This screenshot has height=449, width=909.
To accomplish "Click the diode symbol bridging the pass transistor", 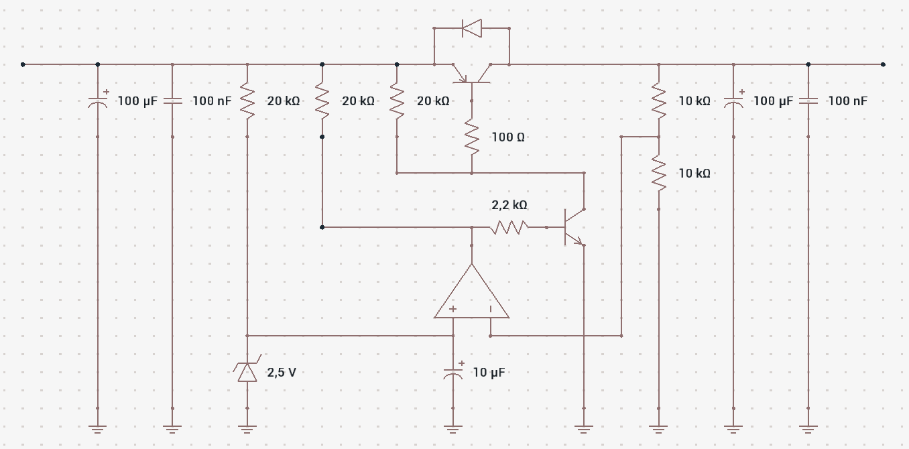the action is pos(471,28).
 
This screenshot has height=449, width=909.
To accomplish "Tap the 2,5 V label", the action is pos(282,373).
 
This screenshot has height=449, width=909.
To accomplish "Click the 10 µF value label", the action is pos(489,373).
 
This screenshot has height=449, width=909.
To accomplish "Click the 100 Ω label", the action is pos(508,137).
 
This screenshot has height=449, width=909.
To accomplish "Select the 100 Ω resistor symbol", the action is pos(471,137).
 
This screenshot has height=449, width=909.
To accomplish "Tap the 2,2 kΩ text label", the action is pos(509,205).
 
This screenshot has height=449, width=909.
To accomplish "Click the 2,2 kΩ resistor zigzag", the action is pos(509,227).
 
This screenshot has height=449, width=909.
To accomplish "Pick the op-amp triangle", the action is pos(471,292).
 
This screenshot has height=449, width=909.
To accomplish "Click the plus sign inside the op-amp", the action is pos(453,309).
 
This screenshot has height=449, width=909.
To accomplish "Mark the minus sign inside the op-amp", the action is pos(491,309).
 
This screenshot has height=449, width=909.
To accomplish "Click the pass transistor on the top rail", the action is pos(471,73).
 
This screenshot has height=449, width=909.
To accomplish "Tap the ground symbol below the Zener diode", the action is pos(247,429).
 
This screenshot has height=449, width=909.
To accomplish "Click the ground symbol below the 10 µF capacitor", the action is pos(453,429).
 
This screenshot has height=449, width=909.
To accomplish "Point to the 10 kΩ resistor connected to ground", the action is pos(658,173).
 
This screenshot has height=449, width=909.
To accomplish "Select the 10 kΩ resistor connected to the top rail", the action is pos(658,101).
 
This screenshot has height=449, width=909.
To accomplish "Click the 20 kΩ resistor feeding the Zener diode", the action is pos(247,101).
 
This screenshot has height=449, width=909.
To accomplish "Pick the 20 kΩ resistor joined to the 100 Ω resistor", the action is pos(397,101).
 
